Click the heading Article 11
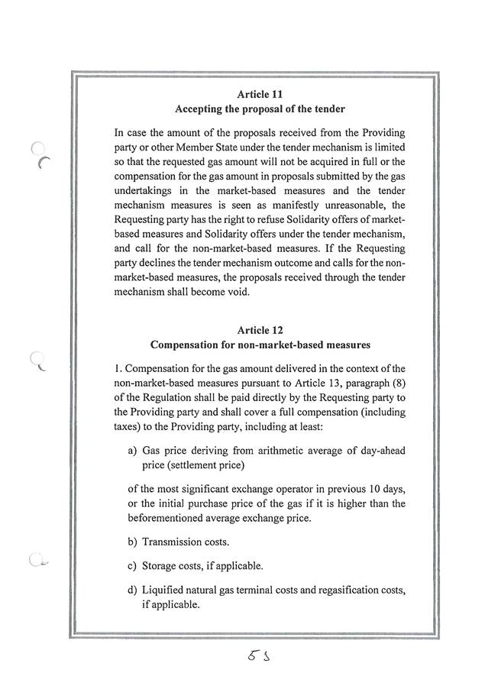(x=260, y=94)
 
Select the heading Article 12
(x=260, y=330)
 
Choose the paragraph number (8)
(x=395, y=380)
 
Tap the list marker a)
(x=133, y=451)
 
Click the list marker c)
(x=133, y=566)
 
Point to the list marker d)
(x=133, y=590)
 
